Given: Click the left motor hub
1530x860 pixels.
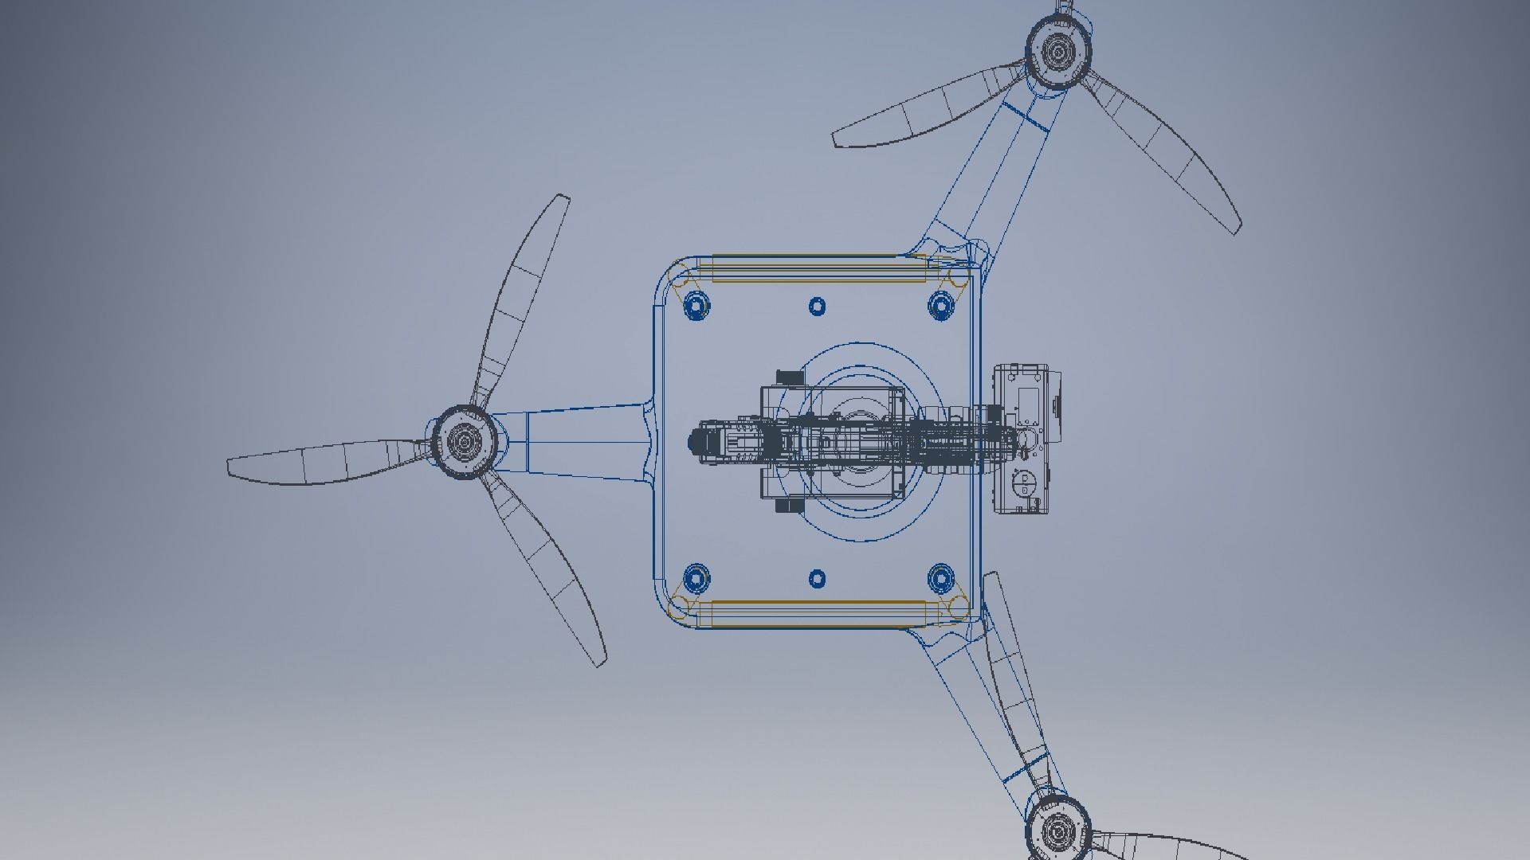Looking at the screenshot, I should coord(462,440).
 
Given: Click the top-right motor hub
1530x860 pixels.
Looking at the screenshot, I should coord(1057,52).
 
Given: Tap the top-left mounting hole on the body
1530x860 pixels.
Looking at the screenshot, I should coord(696,306).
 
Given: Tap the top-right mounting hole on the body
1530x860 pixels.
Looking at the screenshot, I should coord(941,306).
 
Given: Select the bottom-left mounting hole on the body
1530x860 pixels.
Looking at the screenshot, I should coord(696,579).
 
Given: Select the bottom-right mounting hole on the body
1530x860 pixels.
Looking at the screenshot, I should coord(941,579).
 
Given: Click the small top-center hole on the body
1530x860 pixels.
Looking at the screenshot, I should coord(818,307).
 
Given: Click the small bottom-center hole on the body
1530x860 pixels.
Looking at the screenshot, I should coord(818,579).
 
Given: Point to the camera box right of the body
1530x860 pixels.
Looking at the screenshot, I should coord(1028,440).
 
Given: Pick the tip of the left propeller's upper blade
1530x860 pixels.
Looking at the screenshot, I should coord(563,198).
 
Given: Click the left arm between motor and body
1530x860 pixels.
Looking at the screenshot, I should coord(574,441).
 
